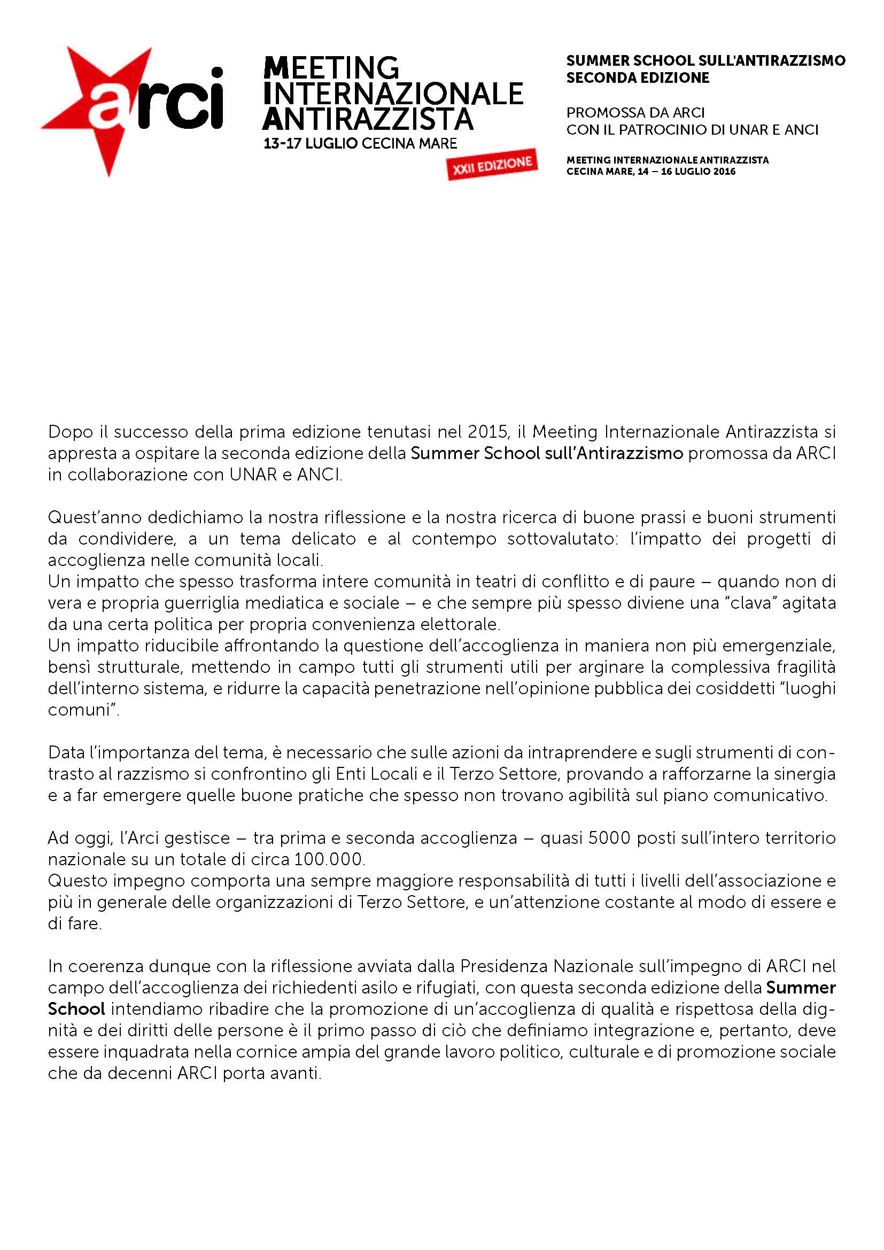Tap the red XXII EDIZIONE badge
492,165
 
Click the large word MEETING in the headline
331,68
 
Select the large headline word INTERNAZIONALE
392,94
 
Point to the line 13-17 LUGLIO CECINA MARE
360,144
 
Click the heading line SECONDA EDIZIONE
638,78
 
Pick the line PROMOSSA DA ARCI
635,113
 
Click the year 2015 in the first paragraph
488,432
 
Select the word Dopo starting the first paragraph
69,432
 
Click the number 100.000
329,859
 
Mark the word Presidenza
504,966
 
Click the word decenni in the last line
139,1073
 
